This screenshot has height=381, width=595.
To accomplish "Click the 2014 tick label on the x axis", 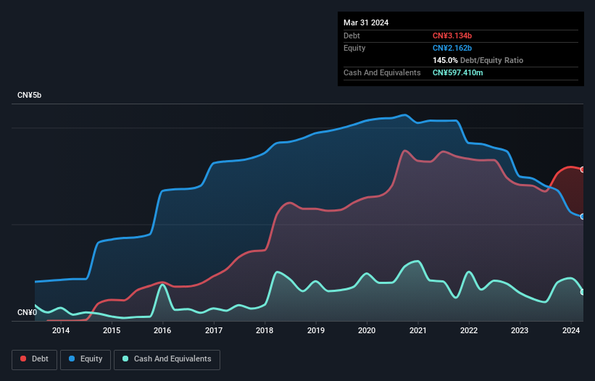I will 61,331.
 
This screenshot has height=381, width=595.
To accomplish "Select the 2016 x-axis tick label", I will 162,331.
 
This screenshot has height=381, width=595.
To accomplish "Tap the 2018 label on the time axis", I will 265,331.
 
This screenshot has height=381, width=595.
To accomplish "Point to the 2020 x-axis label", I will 367,331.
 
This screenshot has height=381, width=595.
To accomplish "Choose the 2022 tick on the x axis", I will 469,331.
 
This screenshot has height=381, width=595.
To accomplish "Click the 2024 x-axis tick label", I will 571,331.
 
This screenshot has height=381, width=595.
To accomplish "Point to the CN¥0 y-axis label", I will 28,312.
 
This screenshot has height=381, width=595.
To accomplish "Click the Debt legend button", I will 34,359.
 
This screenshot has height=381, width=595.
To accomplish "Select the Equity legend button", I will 86,359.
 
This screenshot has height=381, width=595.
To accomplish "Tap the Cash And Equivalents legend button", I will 167,359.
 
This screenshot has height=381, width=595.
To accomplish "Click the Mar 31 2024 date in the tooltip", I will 366,22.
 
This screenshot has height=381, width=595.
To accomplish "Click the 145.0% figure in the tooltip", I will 445,60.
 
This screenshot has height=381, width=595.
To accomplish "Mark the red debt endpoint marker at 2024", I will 583,169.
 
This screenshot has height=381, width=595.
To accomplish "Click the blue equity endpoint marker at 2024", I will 583,217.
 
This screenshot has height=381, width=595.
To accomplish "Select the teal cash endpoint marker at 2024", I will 583,292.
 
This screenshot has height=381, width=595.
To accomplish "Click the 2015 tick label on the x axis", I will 112,331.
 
